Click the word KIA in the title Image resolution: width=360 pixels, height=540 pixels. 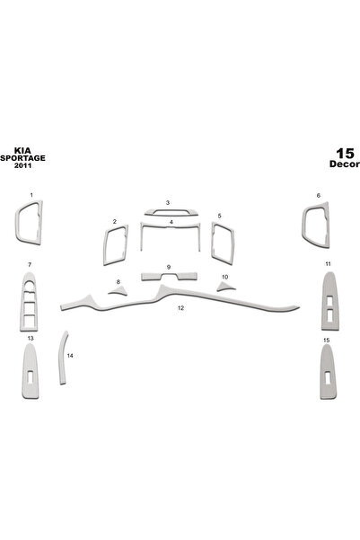coord(22,150)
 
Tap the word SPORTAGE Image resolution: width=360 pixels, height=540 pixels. coord(22,158)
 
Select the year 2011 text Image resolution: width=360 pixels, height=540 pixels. coord(22,165)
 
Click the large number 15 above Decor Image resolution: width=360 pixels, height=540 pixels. coord(345,154)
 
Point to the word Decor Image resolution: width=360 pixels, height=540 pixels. coord(345,164)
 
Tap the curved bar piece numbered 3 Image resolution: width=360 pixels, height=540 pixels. coord(171,213)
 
